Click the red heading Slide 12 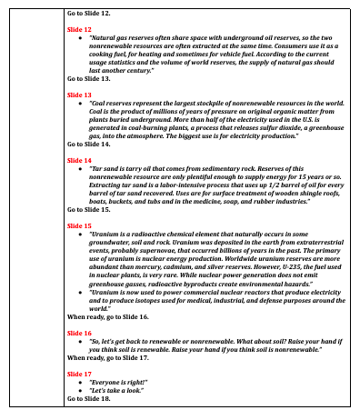point(79,30)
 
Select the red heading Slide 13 point(79,95)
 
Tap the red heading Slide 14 point(79,160)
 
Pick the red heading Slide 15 point(79,225)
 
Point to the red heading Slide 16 point(79,334)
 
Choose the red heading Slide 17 point(79,374)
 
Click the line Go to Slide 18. point(89,398)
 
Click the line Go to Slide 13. point(89,78)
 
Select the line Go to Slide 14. point(89,144)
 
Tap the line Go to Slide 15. point(89,209)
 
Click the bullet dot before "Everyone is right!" point(82,382)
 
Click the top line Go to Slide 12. point(89,15)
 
